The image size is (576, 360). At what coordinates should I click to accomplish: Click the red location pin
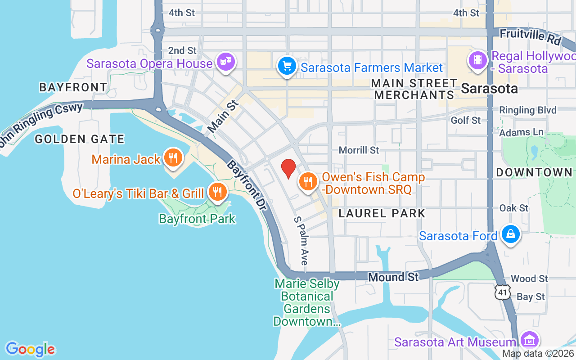(x=288, y=168)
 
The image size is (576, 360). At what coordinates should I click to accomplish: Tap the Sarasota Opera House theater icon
(x=225, y=62)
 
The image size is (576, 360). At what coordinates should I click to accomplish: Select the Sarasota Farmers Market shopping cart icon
(x=287, y=66)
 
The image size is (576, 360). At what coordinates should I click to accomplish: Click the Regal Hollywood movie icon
(x=478, y=61)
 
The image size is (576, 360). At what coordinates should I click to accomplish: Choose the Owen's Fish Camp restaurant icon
(x=308, y=182)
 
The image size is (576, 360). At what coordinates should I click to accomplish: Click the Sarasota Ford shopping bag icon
(x=511, y=234)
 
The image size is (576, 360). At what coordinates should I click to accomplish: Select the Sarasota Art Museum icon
(x=530, y=341)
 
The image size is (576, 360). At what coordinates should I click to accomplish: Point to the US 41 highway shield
(x=502, y=292)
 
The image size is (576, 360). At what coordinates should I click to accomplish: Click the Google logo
(x=30, y=349)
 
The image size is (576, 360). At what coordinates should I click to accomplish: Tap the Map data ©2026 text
(x=538, y=354)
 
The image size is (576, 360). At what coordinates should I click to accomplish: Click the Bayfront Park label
(x=197, y=219)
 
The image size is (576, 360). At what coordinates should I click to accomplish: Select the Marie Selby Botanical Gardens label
(x=307, y=302)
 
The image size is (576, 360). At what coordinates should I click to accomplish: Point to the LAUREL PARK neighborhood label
(x=382, y=213)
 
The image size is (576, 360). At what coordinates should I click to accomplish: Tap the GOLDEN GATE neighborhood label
(x=80, y=139)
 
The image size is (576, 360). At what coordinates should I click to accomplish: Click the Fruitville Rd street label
(x=531, y=36)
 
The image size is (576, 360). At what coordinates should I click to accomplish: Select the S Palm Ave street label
(x=301, y=241)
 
